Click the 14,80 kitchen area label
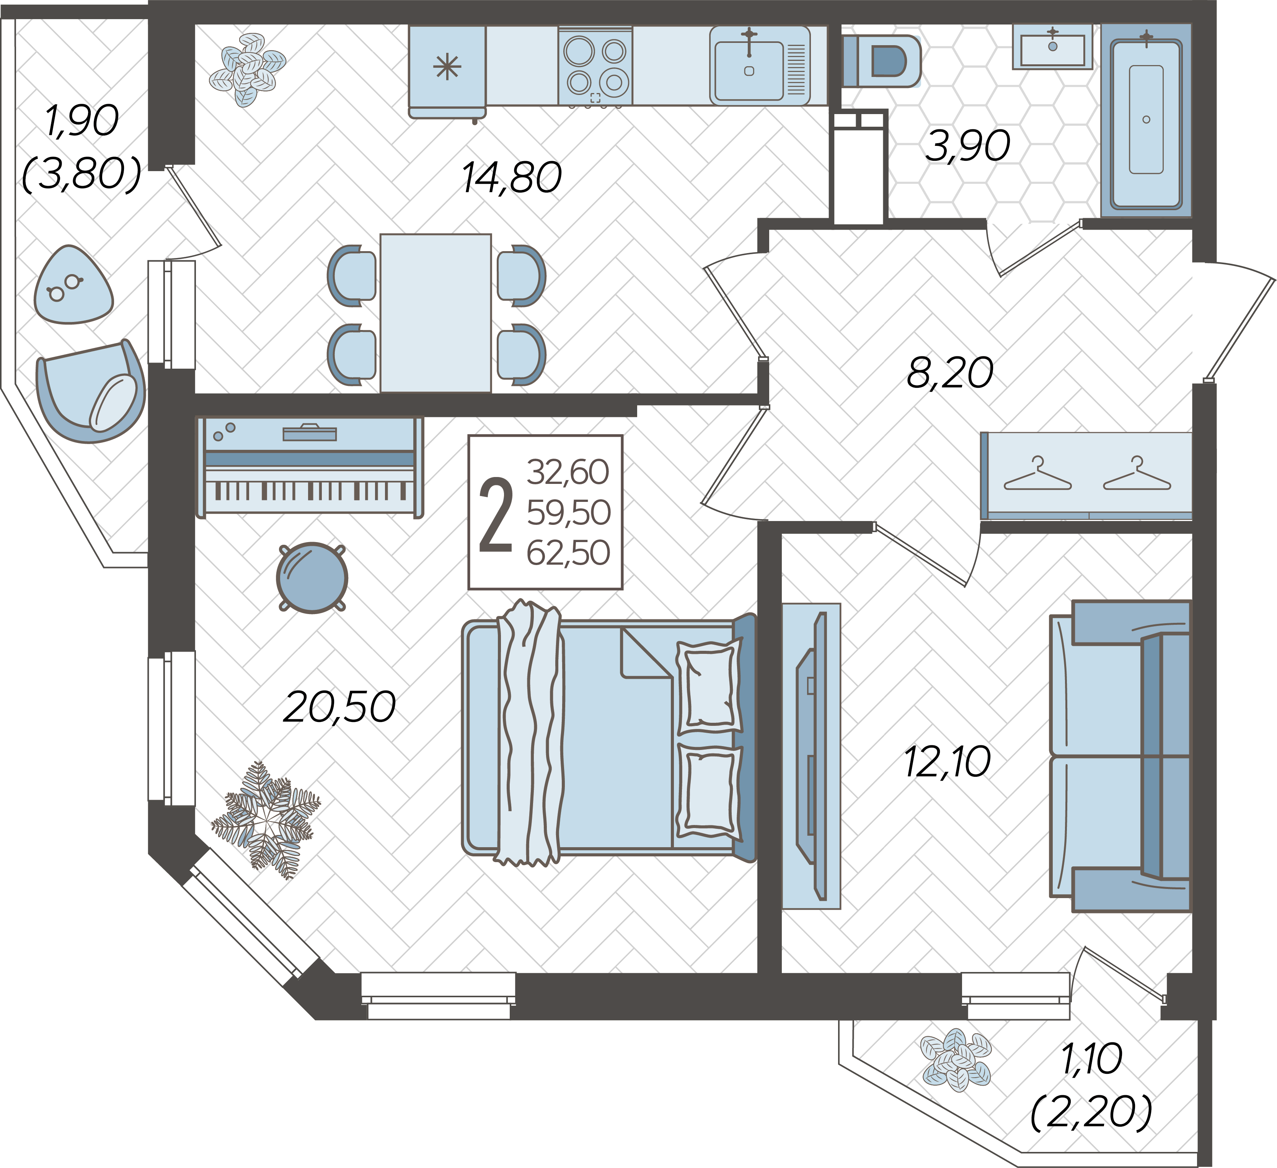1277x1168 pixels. pos(512,178)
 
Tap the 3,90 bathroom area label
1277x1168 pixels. pos(967,146)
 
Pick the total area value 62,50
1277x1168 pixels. pos(568,553)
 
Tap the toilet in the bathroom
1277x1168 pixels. pos(881,61)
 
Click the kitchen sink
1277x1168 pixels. pos(760,65)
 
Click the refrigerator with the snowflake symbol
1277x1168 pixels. pos(447,71)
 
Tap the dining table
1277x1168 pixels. pos(436,313)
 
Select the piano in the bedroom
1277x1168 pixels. pos(309,467)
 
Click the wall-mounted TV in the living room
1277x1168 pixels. pos(811,756)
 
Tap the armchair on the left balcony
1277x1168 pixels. pos(91,391)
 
